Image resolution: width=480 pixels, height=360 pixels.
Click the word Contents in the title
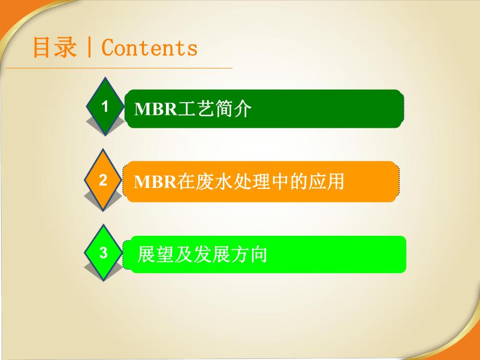(x=149, y=48)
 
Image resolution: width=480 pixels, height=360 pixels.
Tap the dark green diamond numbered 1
(x=105, y=106)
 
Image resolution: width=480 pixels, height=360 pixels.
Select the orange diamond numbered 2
(x=104, y=180)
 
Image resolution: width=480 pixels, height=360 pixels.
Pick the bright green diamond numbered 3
(x=104, y=254)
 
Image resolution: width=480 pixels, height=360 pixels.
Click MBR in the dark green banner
(x=149, y=109)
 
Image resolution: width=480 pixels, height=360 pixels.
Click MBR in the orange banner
(x=149, y=182)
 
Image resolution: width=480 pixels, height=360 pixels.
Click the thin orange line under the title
(x=130, y=68)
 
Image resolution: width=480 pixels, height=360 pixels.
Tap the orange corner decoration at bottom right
(x=467, y=344)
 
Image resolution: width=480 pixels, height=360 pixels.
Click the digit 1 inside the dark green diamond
(x=105, y=106)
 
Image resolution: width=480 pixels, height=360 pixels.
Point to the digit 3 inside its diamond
(x=104, y=254)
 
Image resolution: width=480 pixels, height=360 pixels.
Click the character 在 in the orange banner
(x=185, y=182)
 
